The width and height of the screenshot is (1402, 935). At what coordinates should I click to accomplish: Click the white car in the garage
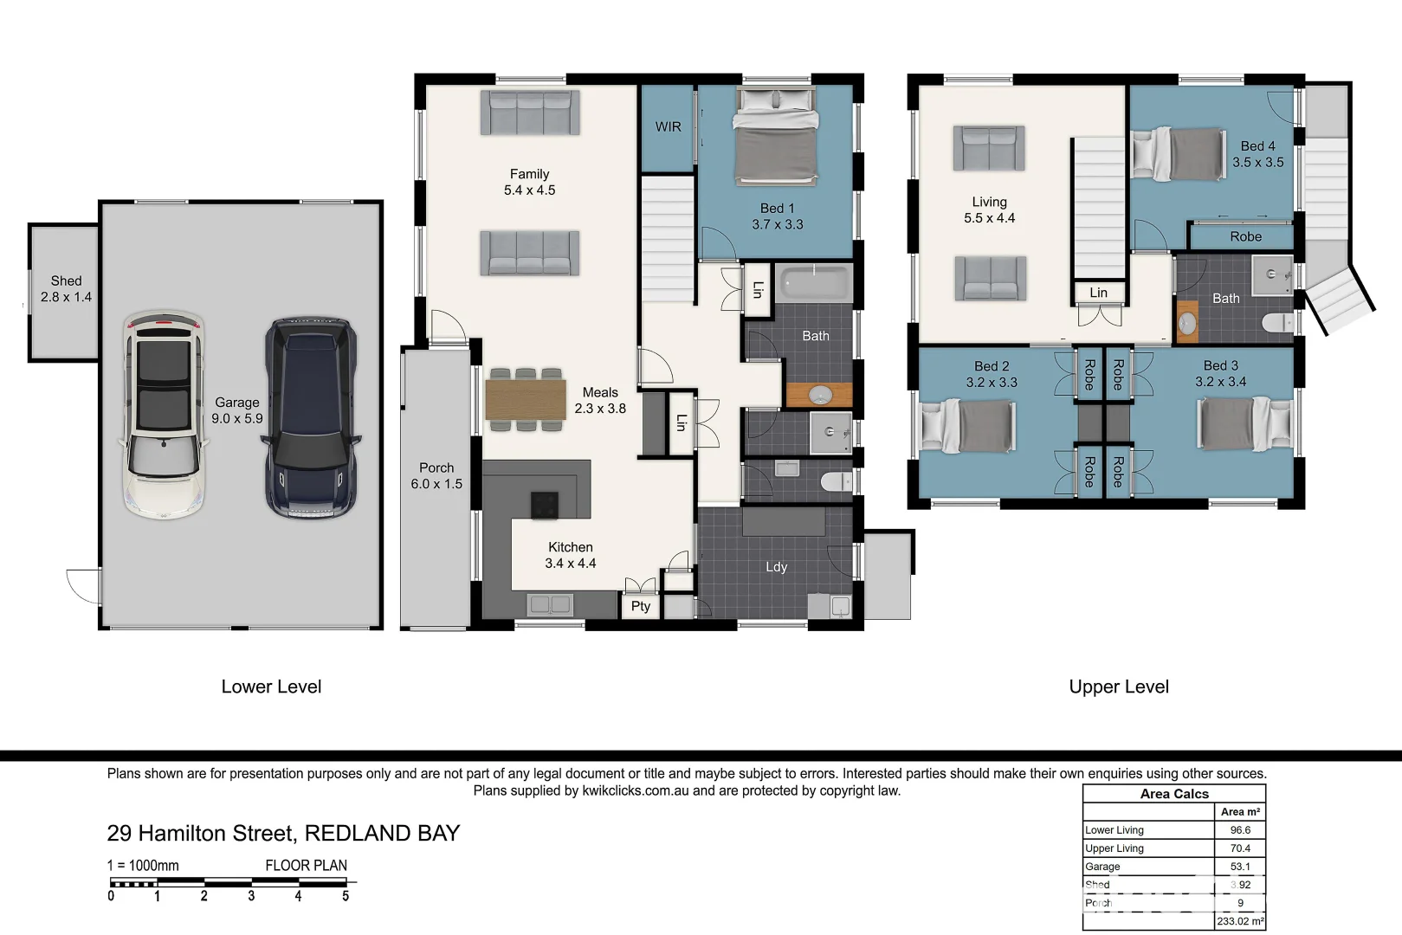[163, 416]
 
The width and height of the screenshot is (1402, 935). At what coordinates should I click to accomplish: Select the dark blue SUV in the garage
[310, 418]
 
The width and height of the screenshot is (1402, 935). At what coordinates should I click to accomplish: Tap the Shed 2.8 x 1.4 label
[66, 289]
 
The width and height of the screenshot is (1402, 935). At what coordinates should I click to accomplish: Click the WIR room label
[668, 126]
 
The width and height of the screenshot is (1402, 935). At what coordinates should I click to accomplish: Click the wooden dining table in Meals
[525, 399]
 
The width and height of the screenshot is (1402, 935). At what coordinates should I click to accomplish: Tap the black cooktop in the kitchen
[545, 505]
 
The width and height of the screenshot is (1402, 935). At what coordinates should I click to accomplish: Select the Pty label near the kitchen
[641, 606]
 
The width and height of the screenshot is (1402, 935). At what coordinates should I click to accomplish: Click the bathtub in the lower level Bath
[815, 283]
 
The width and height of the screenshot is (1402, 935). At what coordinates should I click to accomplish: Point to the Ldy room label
[776, 567]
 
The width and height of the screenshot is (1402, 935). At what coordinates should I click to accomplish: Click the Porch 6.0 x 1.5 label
[436, 475]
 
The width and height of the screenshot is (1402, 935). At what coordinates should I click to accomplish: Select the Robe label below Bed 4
[1245, 236]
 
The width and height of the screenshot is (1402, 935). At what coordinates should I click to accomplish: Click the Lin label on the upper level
[1098, 293]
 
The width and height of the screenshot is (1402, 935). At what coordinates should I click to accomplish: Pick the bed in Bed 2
[967, 425]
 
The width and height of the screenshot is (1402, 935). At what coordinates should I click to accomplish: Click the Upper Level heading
[1118, 687]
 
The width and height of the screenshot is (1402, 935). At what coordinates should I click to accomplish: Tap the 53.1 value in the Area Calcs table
[1240, 867]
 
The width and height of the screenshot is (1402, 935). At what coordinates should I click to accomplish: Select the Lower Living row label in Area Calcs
[1114, 830]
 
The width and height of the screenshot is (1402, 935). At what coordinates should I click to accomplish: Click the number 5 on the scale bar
[346, 897]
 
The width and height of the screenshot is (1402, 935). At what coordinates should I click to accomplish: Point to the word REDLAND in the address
[358, 833]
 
